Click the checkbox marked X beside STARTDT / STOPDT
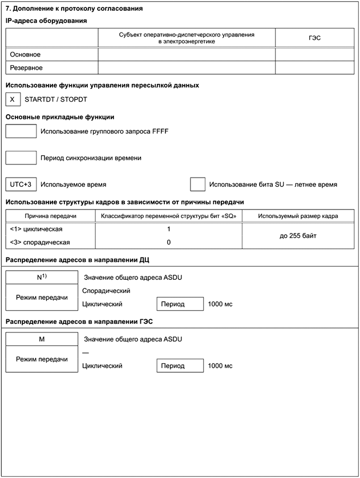point(12,99)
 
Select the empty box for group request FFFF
point(21,131)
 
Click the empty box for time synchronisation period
point(21,158)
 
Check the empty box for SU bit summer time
point(197,184)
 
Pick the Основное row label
point(26,54)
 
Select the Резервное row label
point(27,67)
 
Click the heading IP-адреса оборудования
point(46,21)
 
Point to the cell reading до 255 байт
point(298,235)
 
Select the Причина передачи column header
point(50,216)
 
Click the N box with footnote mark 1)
point(42,276)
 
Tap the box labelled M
point(42,339)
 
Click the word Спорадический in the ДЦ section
point(107,291)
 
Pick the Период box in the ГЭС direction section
point(180,365)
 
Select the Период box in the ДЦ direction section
point(180,304)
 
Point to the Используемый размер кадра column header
point(298,216)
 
